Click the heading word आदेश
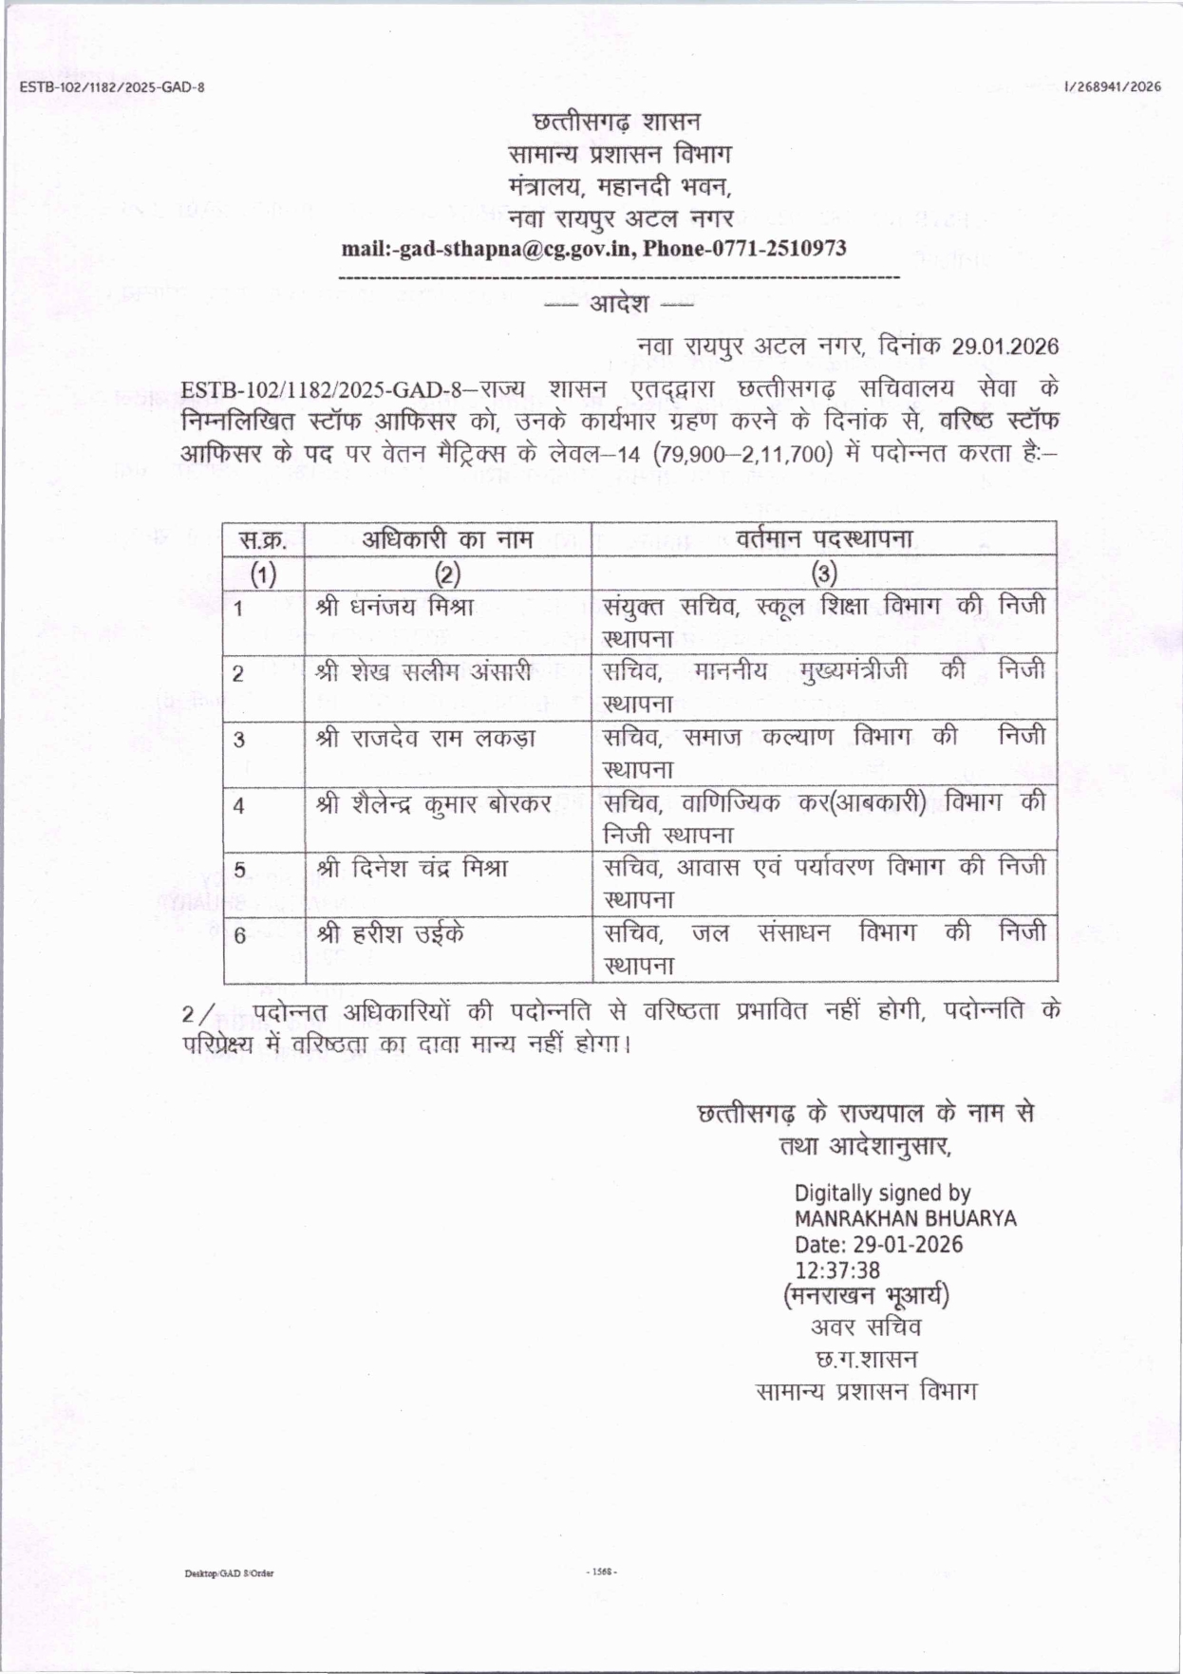(619, 304)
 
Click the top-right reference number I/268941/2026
(1113, 87)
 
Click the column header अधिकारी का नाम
(447, 539)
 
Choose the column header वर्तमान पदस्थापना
(824, 539)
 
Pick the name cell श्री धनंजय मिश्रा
(395, 607)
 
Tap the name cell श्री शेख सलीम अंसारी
(423, 672)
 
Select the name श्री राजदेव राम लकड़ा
(426, 738)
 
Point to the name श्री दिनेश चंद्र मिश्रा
(412, 869)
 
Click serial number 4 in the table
(238, 806)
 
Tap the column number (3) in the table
(824, 574)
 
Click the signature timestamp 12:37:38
(836, 1270)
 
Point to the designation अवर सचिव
(865, 1327)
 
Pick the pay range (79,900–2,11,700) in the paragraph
(742, 454)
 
